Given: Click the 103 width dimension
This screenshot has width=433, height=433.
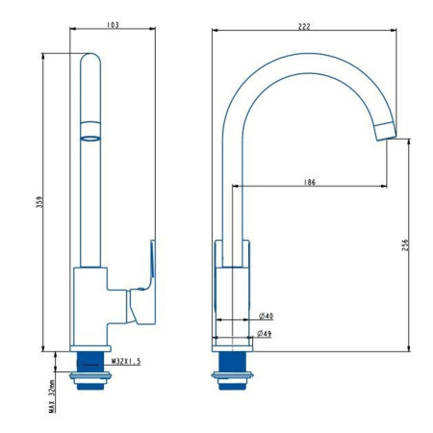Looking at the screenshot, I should coord(113,26).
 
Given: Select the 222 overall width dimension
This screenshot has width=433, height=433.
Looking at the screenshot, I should coord(304,26).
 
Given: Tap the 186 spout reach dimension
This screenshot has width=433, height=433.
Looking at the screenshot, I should coord(310,181).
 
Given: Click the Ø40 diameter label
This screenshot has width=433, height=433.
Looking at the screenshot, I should coord(267,317).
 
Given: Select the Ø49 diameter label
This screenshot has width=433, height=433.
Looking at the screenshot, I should coord(267,334).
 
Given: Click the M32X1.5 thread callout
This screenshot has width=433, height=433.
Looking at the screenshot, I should coord(126,361).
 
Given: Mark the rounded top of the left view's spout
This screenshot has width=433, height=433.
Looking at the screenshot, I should coord(89,60).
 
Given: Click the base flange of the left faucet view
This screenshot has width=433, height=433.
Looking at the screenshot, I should coord(91,346).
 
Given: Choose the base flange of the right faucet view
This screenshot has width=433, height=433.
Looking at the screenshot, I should coord(233,344).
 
